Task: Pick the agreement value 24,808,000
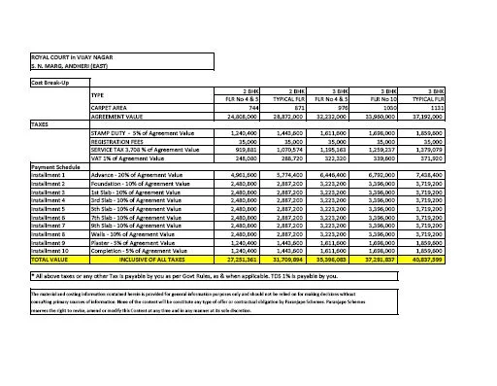tap(225, 116)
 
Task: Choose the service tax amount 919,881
tap(228, 149)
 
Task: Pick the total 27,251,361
tap(225, 261)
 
